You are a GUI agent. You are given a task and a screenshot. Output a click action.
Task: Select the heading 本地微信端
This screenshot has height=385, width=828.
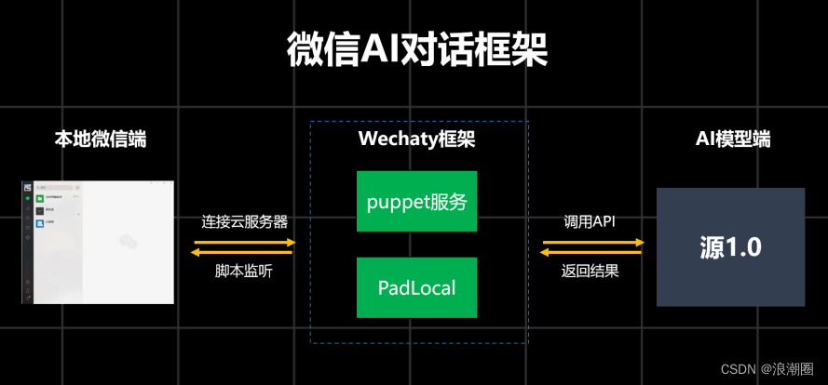[x=100, y=139]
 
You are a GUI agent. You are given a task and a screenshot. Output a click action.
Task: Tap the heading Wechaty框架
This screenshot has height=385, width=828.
[x=416, y=139]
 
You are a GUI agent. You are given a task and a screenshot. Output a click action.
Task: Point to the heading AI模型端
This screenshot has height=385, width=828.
[x=733, y=139]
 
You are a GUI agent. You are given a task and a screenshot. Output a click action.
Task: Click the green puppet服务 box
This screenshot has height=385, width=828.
[x=416, y=201]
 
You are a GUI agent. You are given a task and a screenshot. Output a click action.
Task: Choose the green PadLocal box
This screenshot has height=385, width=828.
[x=416, y=287]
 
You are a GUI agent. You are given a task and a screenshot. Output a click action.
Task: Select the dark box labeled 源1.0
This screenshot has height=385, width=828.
[x=730, y=246]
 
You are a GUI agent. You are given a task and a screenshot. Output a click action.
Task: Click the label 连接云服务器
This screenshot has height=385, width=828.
[x=244, y=222]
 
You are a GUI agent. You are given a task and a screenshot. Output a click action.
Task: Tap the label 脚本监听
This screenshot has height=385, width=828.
[x=244, y=272]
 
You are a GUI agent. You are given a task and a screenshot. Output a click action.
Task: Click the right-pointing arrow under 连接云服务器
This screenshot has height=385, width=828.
[x=244, y=242]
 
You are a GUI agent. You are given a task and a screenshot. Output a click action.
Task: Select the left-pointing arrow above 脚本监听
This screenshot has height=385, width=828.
[x=244, y=252]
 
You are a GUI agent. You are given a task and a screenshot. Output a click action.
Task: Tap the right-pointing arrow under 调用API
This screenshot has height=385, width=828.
[x=592, y=242]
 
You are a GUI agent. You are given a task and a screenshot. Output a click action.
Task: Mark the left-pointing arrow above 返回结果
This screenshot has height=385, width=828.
[x=592, y=252]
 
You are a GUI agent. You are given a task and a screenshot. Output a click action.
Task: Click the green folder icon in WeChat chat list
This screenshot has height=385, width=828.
[x=40, y=198]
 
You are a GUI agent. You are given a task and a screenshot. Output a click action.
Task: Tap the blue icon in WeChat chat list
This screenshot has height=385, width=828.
[x=40, y=224]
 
